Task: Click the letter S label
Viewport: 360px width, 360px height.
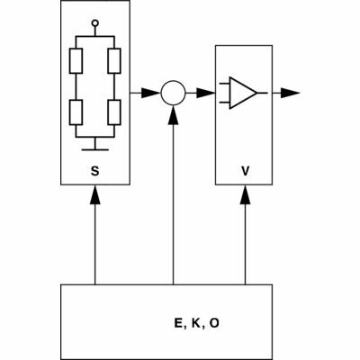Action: coord(94,171)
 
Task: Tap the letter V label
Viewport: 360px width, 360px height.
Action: coord(246,171)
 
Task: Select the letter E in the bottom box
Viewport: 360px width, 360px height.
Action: coord(178,323)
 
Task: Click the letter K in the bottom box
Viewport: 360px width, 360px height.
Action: coord(195,323)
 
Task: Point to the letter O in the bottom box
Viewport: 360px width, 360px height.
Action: coord(214,323)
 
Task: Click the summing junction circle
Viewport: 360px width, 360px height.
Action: coord(173,93)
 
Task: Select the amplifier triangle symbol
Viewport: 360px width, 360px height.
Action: coord(243,93)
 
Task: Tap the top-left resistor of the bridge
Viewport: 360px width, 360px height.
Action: coord(76,61)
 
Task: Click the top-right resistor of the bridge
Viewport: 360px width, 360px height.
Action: coord(114,61)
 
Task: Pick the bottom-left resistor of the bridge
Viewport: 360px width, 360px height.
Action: coord(76,112)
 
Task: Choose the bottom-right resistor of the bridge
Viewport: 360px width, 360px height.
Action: coord(114,112)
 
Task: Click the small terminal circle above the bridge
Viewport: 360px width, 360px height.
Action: coord(95,22)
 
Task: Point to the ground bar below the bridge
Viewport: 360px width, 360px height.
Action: coord(95,149)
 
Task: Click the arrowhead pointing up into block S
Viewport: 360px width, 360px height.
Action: coord(95,194)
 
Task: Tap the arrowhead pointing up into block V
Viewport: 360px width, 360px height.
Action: coord(246,194)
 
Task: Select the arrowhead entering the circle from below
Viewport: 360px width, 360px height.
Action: coord(173,115)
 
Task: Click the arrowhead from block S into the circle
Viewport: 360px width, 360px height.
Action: coord(151,93)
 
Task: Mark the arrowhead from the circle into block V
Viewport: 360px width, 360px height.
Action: coord(206,93)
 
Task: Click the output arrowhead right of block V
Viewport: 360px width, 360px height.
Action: coord(291,93)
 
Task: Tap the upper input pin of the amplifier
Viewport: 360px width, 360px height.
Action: coord(225,84)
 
